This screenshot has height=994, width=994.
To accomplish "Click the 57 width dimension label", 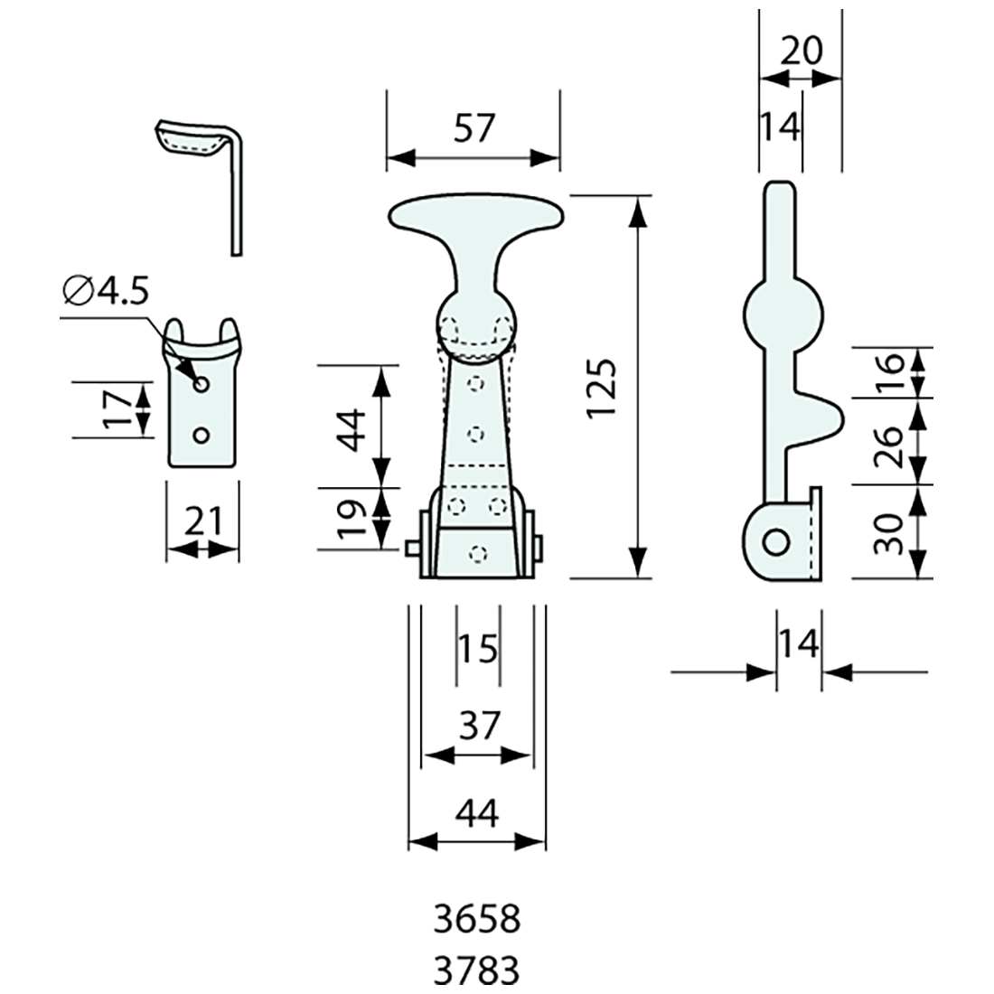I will (474, 128).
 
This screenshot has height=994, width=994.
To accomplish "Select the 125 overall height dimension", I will (601, 387).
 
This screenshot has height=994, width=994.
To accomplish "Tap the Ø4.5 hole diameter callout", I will (106, 292).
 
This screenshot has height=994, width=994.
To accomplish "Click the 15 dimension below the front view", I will (477, 648).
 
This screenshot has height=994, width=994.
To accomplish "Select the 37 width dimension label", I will (477, 726).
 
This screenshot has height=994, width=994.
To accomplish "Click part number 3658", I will (477, 920).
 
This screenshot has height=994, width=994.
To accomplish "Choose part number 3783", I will (477, 971).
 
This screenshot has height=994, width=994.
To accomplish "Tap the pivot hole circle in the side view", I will (774, 542).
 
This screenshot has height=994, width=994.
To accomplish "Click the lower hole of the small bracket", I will (202, 436).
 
